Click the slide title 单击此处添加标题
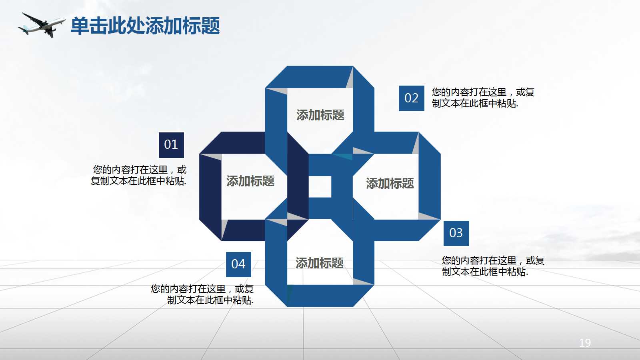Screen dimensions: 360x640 (145, 26)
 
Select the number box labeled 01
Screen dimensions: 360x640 (171, 145)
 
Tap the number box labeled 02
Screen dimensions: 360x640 (411, 98)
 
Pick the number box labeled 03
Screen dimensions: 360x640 (456, 233)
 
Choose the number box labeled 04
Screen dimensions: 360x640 (238, 264)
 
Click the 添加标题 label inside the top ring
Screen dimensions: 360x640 (320, 115)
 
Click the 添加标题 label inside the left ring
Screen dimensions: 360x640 (250, 181)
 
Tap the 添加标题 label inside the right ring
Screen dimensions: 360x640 (390, 184)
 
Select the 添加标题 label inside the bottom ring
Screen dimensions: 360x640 (320, 263)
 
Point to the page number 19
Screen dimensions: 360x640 (585, 343)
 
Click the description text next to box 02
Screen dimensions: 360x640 (483, 98)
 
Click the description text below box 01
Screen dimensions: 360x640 (139, 176)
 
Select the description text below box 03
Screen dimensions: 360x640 (493, 266)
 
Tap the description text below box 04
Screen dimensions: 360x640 (202, 295)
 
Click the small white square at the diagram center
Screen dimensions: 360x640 (320, 187)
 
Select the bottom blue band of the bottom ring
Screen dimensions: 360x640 (320, 296)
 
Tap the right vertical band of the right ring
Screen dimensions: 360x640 (430, 186)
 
